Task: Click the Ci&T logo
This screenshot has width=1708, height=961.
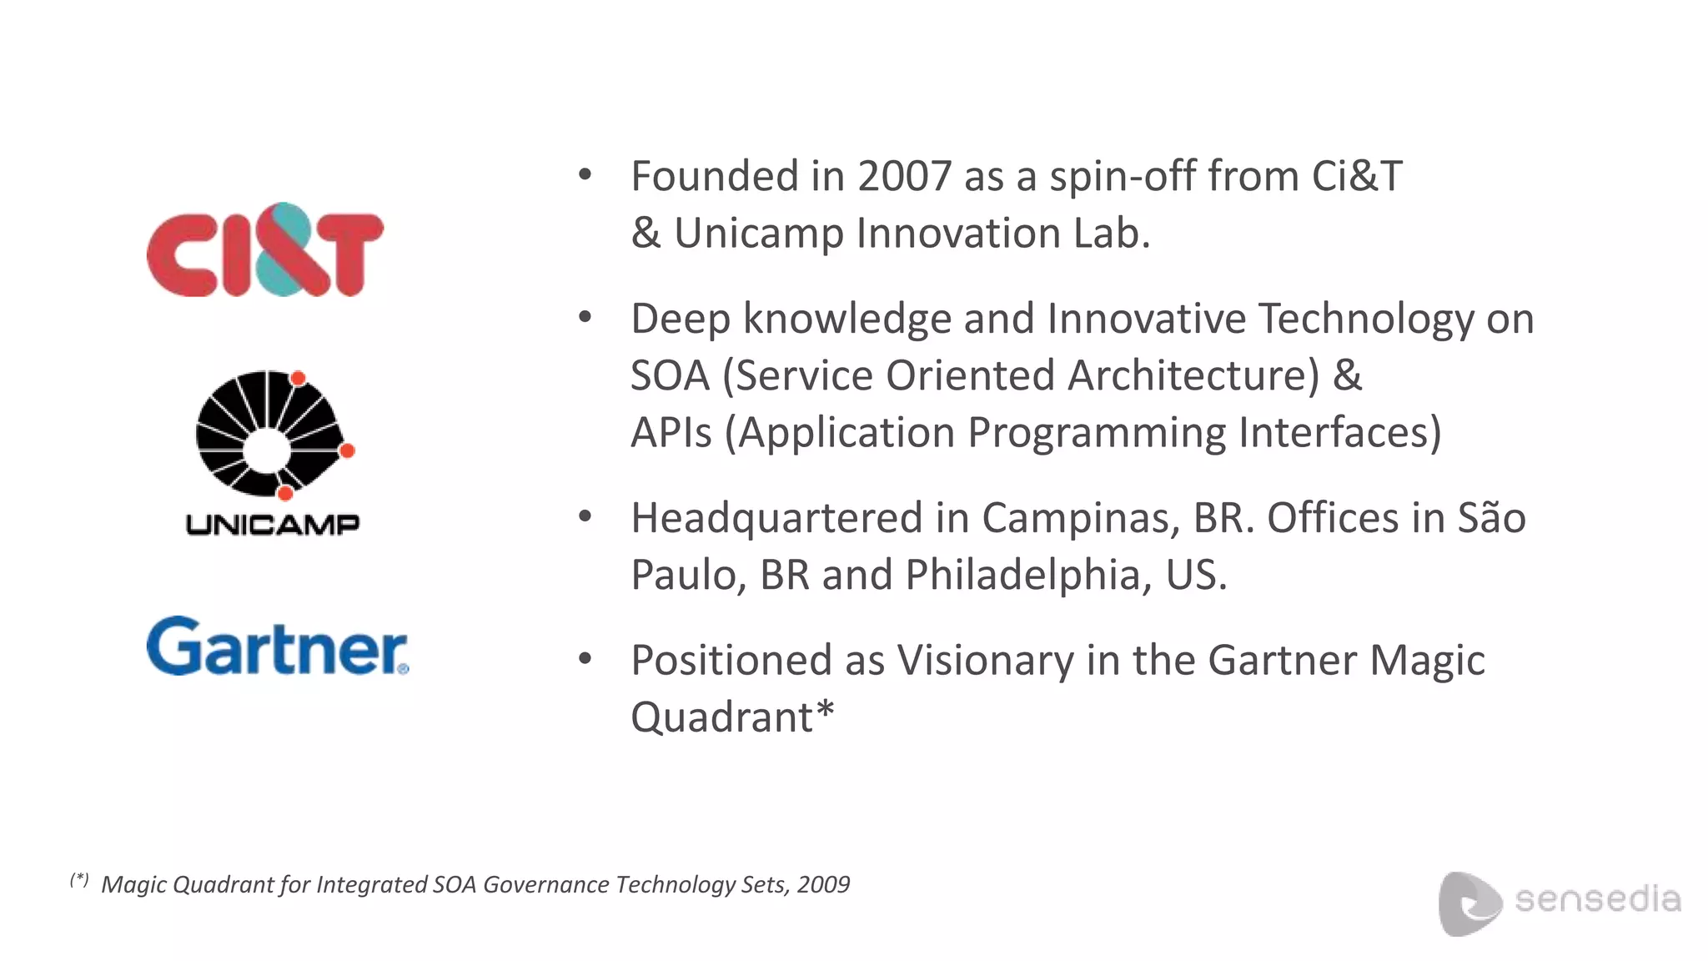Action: point(264,250)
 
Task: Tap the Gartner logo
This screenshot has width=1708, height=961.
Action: point(277,647)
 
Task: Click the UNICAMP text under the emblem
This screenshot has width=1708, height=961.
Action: point(273,525)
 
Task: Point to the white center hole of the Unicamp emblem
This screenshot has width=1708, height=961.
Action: point(266,449)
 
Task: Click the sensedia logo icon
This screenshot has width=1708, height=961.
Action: point(1469,903)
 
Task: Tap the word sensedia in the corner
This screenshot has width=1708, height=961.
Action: point(1597,899)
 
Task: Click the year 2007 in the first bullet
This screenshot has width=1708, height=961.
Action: point(904,177)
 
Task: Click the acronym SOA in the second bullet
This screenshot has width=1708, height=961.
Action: point(669,376)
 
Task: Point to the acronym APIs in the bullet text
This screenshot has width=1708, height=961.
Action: point(671,433)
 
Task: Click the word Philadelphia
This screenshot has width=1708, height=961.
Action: point(1022,576)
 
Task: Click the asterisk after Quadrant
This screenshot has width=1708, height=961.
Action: point(825,711)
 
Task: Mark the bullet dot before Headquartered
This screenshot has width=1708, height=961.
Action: point(585,516)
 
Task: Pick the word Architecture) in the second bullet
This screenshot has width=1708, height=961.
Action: point(1193,376)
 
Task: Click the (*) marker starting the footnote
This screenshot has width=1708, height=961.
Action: point(79,879)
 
